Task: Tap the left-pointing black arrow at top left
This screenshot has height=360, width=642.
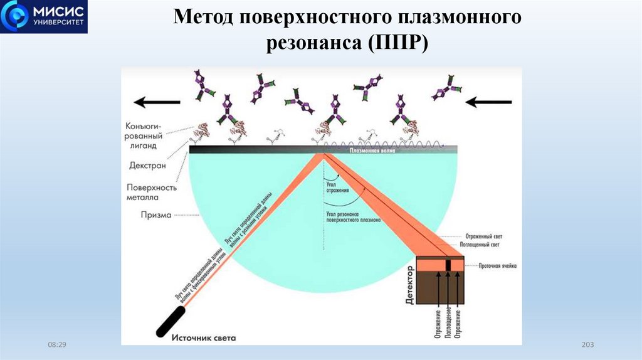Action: point(157,101)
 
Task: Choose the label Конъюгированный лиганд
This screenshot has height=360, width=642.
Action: point(146,135)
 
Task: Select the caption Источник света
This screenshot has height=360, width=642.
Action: point(204,338)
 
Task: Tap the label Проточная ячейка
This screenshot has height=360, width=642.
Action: point(498,266)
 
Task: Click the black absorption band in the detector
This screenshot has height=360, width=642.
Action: point(449,265)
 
